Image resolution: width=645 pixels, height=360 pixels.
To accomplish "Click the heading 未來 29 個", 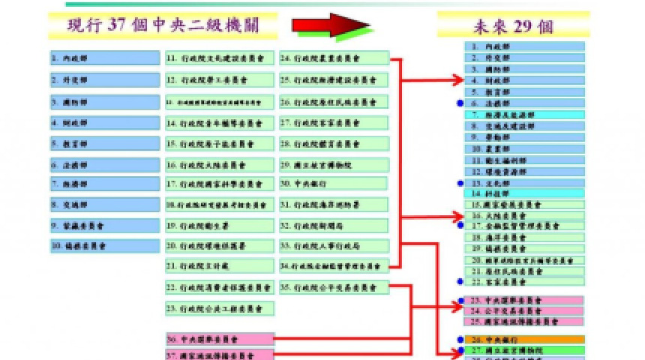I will click(x=514, y=25).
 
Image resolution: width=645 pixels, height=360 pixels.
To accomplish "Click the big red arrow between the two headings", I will click(x=330, y=25).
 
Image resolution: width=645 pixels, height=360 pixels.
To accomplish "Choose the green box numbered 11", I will click(x=220, y=58).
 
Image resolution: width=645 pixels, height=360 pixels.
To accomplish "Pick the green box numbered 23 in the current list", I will click(x=220, y=308).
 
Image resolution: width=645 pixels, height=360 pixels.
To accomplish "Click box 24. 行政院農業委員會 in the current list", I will click(x=334, y=58).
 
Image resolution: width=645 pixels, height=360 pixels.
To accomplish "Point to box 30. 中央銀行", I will click(x=334, y=183).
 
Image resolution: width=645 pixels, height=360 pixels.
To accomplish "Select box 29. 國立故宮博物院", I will click(x=334, y=165).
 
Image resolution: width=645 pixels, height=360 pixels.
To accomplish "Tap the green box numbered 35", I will click(x=334, y=286).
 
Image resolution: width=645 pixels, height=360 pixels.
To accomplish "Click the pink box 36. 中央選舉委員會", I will click(x=220, y=339).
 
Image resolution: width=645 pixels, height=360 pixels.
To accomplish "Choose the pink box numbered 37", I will click(x=220, y=354).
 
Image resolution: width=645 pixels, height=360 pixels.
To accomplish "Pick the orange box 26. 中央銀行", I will click(x=524, y=339).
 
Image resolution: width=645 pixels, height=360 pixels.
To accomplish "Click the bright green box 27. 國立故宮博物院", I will click(x=524, y=349).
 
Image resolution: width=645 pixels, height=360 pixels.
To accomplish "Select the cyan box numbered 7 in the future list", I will click(x=524, y=115).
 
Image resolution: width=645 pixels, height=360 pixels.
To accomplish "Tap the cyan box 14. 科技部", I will click(x=524, y=193).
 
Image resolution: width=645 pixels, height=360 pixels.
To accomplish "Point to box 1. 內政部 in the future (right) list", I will click(x=524, y=46).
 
